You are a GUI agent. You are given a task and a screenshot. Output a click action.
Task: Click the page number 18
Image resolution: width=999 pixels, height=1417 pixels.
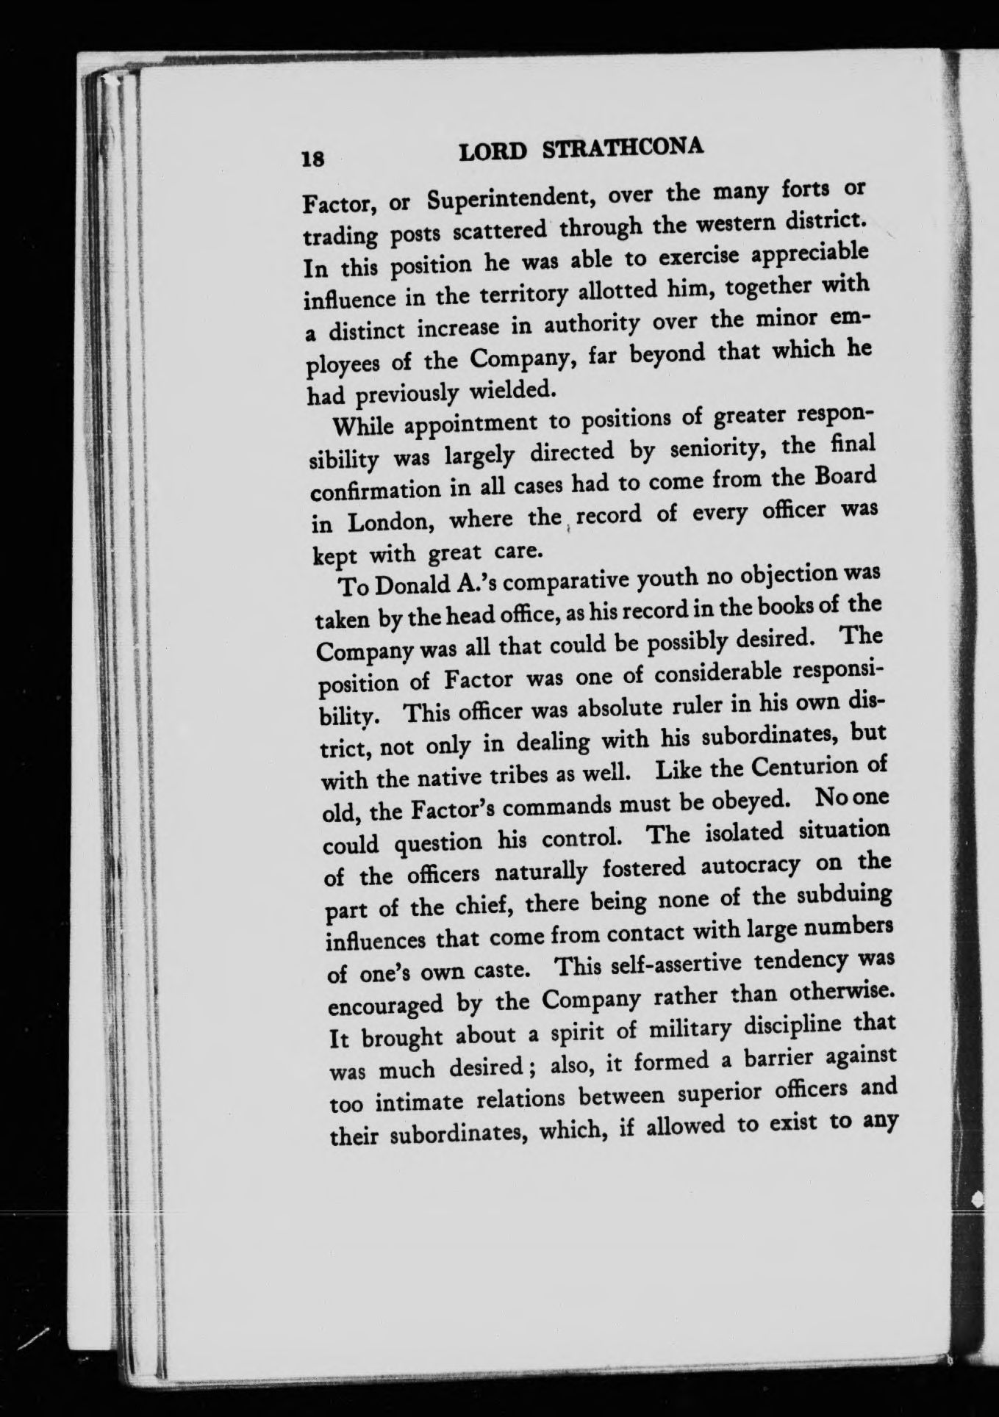[312, 159]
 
